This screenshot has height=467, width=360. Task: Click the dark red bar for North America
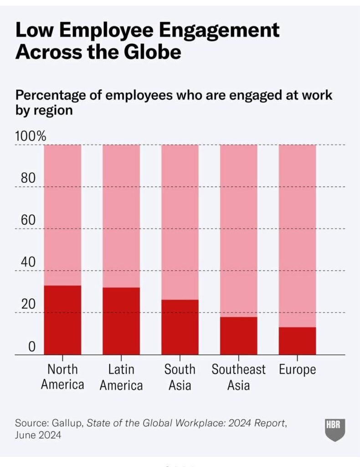coord(62,320)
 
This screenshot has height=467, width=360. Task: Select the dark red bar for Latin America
coord(121,321)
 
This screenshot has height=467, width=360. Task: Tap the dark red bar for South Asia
coord(180,327)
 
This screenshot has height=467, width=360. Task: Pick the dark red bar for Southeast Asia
coord(239,336)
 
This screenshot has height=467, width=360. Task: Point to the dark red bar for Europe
coord(297,341)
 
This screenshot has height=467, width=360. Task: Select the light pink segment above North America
coord(62,215)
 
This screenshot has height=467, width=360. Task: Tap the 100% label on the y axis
coord(31,136)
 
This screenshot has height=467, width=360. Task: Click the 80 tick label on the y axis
coord(28,178)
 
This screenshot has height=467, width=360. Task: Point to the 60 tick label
coord(28,220)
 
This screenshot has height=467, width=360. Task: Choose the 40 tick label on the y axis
coord(28,262)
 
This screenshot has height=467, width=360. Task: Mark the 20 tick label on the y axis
coord(28,304)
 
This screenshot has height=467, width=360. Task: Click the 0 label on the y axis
coord(31,347)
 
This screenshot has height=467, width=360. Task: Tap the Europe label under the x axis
coord(297,369)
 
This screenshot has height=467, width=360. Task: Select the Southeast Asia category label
coord(238,377)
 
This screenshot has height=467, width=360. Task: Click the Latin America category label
coord(121,377)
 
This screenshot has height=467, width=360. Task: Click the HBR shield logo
coord(335,429)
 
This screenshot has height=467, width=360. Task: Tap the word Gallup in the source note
coord(65,423)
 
